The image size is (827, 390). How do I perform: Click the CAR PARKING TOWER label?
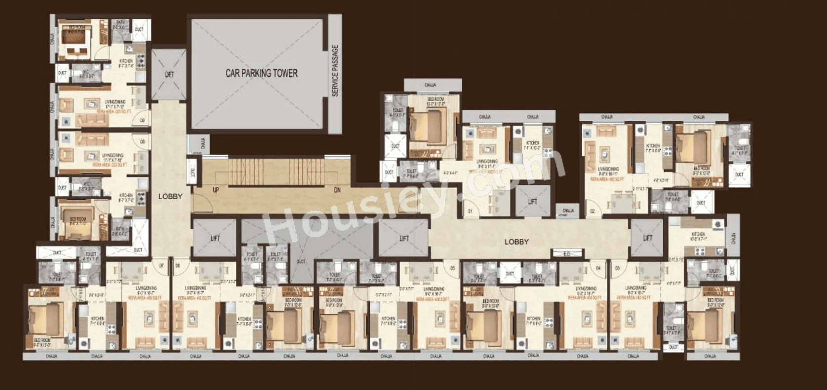pos(261,73)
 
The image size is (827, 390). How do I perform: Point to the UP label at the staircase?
pos(216,190)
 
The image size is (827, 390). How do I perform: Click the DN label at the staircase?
pos(337,190)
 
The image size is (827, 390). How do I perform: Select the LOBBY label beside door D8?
pos(170,196)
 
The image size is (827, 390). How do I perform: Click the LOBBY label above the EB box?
pos(516,242)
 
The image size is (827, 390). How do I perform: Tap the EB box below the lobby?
pos(566,254)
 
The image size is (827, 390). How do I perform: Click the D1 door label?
pos(470,212)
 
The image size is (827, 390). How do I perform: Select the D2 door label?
pos(592,212)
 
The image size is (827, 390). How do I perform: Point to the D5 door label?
pos(452,268)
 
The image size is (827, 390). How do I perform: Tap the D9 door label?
pos(142,120)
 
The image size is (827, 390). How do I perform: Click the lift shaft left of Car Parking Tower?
pos(169,74)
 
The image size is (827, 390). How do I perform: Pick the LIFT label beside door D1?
pos(532,201)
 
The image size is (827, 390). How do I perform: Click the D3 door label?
pos(617,268)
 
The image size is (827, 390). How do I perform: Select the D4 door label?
pos(598,268)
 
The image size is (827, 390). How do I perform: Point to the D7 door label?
pos(161,267)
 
